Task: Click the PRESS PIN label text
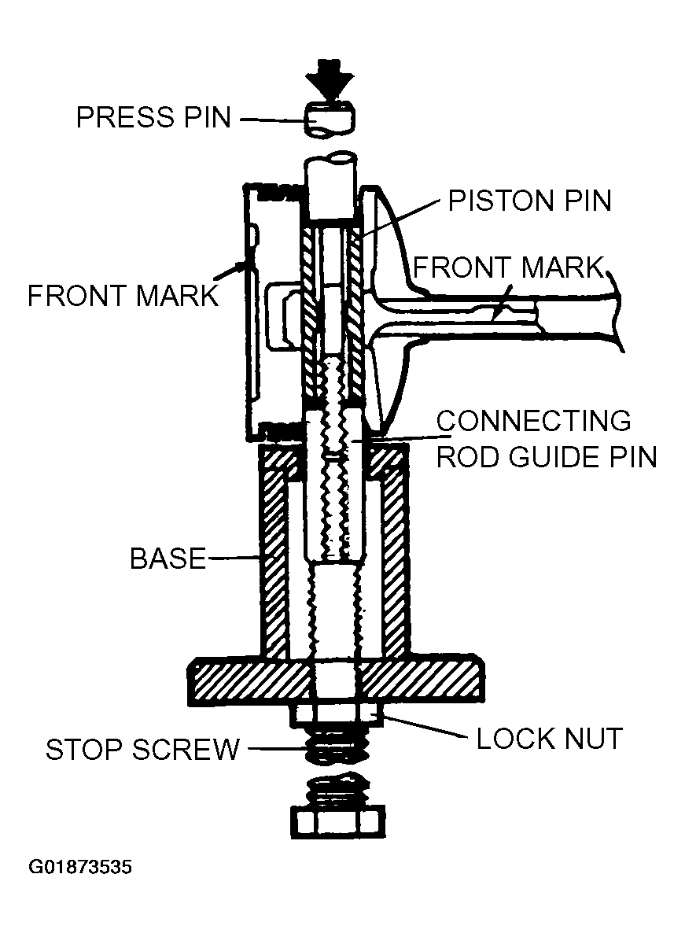(153, 117)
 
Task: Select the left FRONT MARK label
(122, 296)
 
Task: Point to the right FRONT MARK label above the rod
(506, 267)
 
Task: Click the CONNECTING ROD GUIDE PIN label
(546, 438)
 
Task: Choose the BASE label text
(168, 559)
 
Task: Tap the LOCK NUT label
(549, 739)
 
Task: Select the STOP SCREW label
(142, 750)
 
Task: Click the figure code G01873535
(80, 868)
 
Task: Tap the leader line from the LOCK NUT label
(425, 728)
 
